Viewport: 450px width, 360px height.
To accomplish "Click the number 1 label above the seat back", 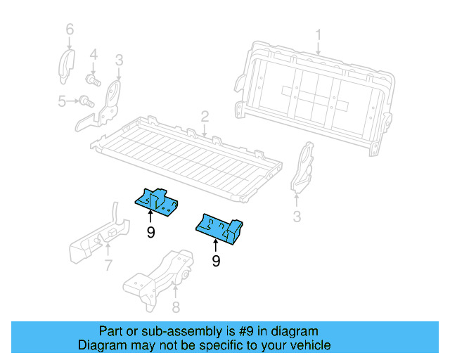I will click(x=318, y=34).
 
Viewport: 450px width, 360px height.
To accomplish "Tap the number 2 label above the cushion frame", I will click(x=204, y=117).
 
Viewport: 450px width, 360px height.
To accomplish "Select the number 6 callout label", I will click(x=69, y=30).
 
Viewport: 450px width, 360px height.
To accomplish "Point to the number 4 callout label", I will click(x=93, y=53).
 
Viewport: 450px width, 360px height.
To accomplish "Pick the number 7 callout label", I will click(x=108, y=265).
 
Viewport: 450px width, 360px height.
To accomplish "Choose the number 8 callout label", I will click(x=176, y=306).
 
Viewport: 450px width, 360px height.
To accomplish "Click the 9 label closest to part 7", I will click(x=150, y=231).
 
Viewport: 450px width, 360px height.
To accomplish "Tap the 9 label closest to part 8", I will click(x=216, y=261).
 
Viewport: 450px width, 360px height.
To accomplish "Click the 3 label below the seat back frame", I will click(x=297, y=217).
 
